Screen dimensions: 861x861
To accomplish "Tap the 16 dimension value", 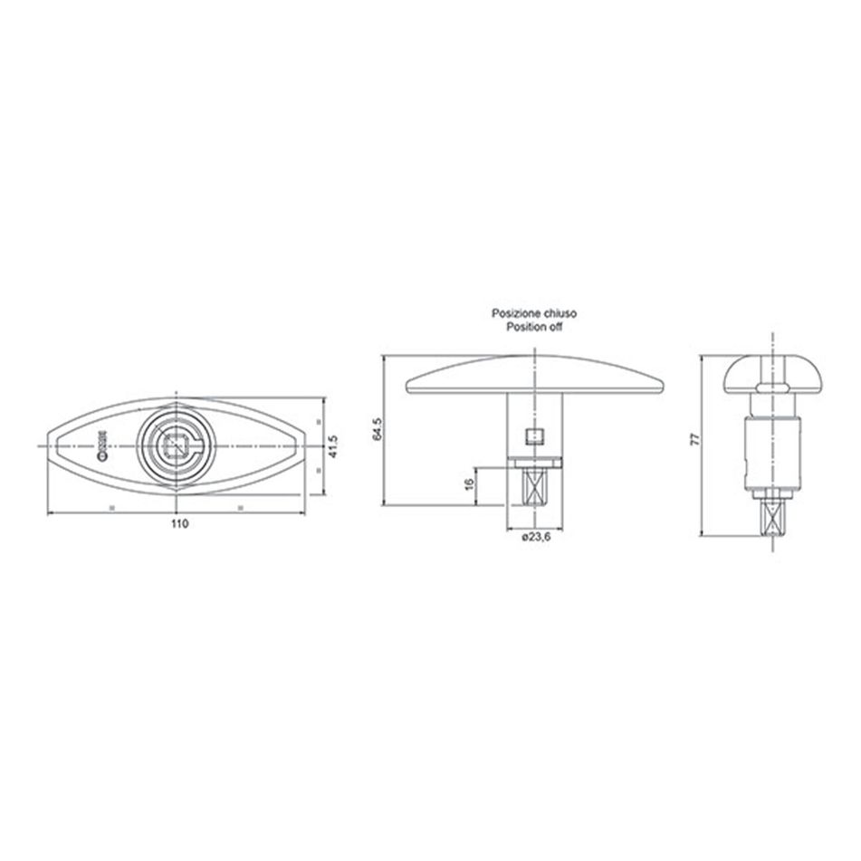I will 468,484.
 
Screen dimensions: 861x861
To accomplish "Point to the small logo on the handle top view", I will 102,446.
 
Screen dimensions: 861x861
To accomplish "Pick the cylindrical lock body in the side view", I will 771,448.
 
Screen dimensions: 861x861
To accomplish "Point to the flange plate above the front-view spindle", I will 536,463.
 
